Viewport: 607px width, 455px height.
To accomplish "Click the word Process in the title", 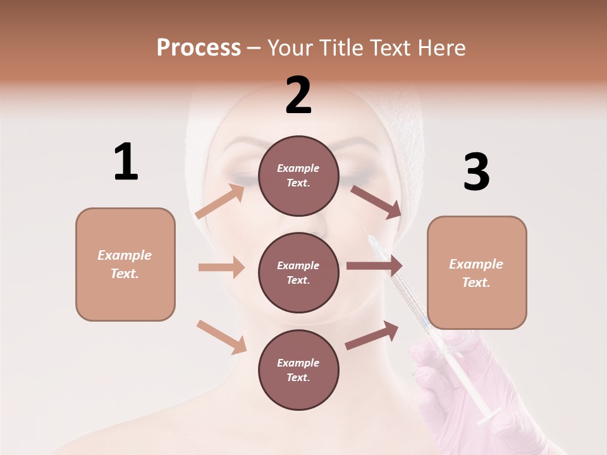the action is coord(199,47).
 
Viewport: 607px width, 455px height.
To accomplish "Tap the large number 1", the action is coord(126,162).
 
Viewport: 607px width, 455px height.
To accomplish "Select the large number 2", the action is coord(298,95).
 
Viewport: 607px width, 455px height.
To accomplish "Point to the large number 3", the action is coord(476,172).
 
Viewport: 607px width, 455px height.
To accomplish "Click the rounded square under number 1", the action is coord(125,264).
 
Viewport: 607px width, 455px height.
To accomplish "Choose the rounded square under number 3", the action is coord(477,272).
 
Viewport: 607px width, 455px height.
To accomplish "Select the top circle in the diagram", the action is coord(298,176).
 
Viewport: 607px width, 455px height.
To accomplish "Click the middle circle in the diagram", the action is coord(298,272).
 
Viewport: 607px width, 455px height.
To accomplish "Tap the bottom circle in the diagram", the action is coord(298,370).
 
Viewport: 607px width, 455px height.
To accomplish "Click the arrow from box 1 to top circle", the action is coord(220,201).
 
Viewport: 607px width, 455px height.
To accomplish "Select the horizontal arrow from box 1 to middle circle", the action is coord(221,267).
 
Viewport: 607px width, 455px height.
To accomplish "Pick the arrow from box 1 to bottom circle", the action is coord(221,337).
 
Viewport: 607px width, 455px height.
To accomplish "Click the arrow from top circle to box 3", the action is coord(376,202).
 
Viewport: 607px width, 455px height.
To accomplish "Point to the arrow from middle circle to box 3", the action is coord(374,266).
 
